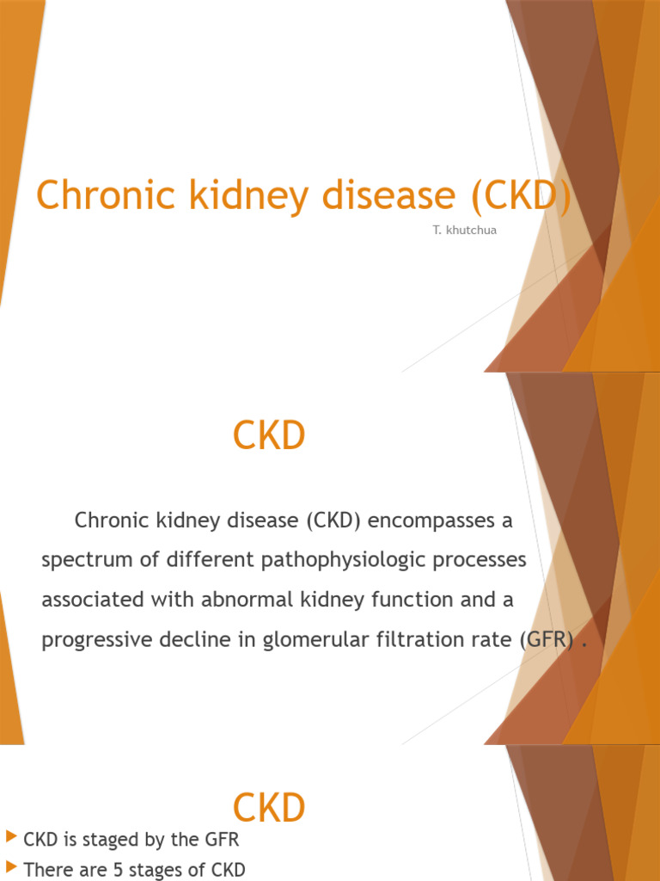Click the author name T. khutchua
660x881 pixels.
pyautogui.click(x=465, y=231)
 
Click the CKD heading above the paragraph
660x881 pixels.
pyautogui.click(x=269, y=436)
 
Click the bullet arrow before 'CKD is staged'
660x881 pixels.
pyautogui.click(x=11, y=836)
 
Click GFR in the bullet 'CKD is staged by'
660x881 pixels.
pyautogui.click(x=221, y=839)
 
